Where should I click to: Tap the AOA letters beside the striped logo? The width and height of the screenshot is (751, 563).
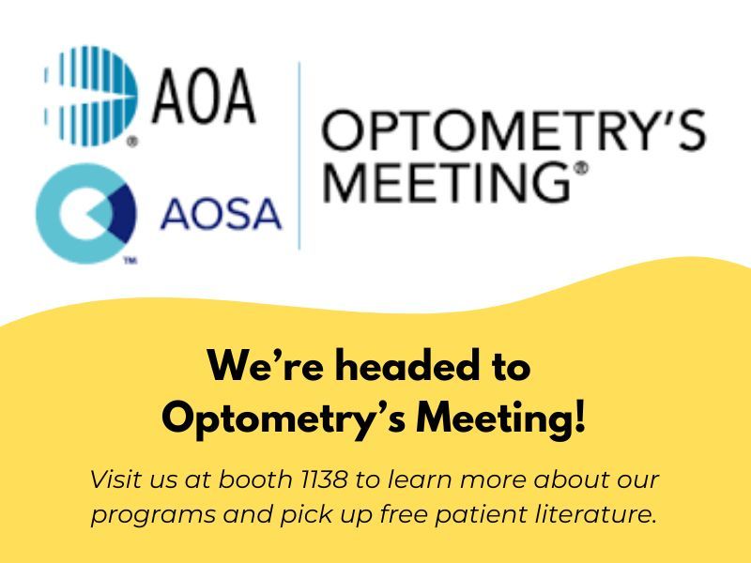(204, 98)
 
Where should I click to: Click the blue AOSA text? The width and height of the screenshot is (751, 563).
(221, 215)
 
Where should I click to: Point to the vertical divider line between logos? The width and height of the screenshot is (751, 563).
(299, 155)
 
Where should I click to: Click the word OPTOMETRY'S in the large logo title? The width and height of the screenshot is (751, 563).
(513, 132)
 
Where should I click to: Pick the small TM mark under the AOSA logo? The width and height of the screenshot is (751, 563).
(130, 262)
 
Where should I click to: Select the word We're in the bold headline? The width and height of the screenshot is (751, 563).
(264, 366)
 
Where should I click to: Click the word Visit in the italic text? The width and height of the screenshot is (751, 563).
(115, 479)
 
